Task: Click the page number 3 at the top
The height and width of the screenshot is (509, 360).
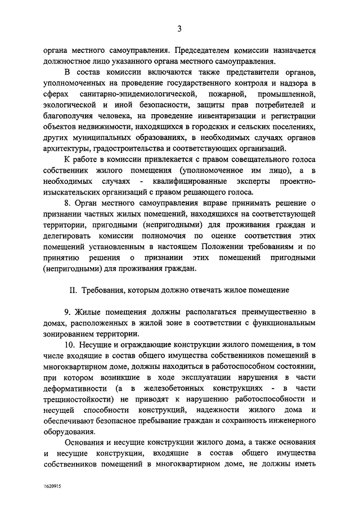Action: (179, 29)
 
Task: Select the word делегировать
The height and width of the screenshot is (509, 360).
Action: (66, 236)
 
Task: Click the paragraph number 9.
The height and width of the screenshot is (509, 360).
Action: (66, 312)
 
